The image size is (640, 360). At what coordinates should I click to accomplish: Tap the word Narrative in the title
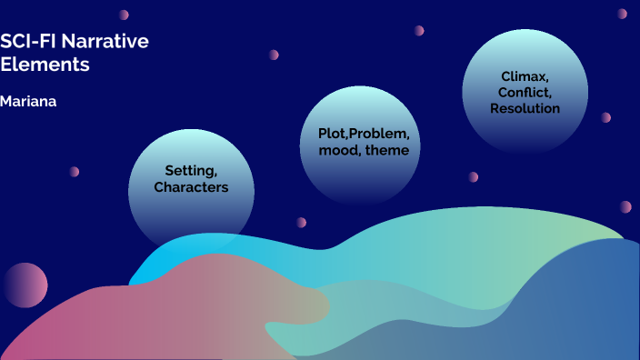103,42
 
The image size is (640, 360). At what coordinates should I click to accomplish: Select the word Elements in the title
45,65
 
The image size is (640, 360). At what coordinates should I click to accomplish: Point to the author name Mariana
28,101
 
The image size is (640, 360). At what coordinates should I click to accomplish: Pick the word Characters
191,187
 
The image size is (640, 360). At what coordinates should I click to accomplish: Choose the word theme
387,150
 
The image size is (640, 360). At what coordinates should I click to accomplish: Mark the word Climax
524,75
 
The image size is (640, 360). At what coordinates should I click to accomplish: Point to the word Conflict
524,92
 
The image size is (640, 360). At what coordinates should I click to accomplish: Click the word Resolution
525,108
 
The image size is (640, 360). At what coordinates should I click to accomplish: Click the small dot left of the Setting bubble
75,172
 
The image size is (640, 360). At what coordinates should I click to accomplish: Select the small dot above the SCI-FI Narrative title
124,15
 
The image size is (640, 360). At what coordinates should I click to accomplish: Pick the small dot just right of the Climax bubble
605,117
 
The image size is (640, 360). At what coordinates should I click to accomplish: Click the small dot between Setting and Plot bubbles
300,222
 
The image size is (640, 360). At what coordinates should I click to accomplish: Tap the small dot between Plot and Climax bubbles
473,177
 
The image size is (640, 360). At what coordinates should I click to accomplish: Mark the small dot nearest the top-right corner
623,14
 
